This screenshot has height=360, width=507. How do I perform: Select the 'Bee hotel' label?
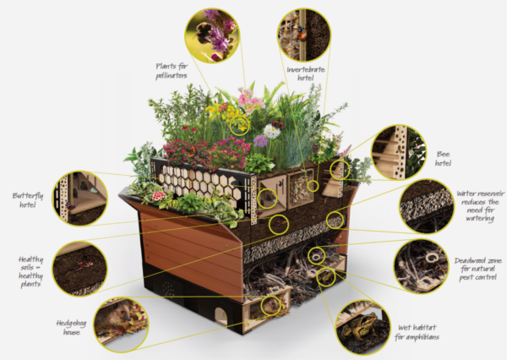(442, 160)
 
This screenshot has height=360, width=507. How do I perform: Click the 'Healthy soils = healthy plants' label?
(26, 270)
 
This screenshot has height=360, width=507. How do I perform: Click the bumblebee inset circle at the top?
(212, 35)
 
